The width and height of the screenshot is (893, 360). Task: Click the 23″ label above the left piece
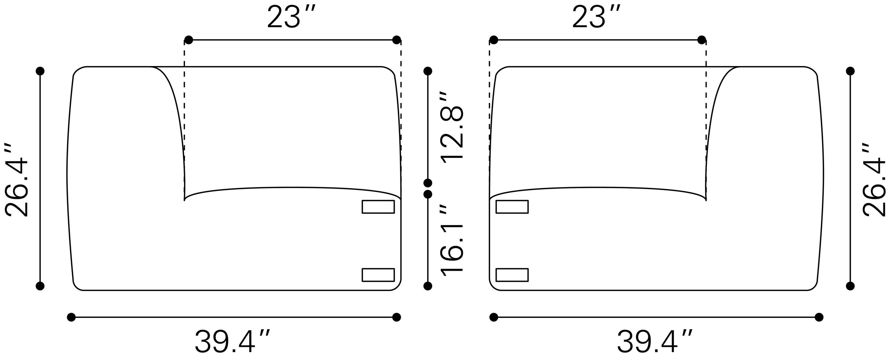point(291,17)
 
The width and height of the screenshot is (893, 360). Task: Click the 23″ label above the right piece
point(596,17)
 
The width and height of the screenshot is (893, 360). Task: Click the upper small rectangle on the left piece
point(378,207)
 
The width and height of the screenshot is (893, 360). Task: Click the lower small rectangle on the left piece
point(378,275)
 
